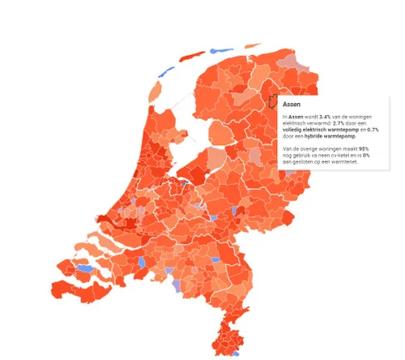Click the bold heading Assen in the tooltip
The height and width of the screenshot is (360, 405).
pos(293,105)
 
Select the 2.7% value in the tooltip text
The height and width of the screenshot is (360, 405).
pos(324,123)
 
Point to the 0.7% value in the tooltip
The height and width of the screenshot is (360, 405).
pos(373,130)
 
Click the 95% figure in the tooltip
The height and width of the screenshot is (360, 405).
pos(364,149)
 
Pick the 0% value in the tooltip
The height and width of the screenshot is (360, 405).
pos(367,156)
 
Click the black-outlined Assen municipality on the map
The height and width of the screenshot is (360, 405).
pos(272,102)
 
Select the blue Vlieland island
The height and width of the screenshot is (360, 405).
pos(163,71)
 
